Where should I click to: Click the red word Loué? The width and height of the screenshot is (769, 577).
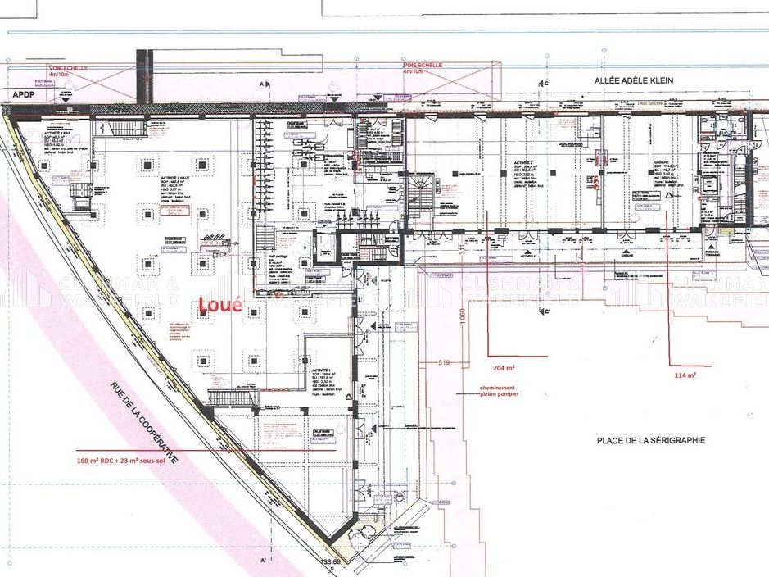[220, 306]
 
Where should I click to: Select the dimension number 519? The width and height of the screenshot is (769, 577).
[445, 361]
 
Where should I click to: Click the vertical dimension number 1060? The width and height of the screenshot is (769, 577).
[463, 316]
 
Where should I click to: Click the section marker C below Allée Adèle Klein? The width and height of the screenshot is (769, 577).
[543, 84]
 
